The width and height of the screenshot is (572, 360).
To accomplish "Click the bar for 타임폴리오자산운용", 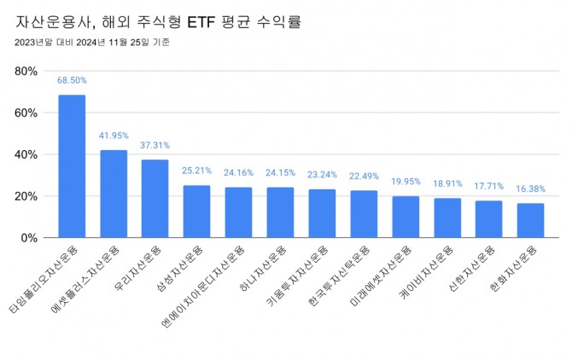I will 72,166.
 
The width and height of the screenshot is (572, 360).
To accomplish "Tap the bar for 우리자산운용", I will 155,199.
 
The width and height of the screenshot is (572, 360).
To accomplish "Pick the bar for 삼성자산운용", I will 196,212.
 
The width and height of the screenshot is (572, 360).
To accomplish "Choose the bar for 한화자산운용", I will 530,221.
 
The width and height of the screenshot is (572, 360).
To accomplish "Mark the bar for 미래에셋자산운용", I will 406,217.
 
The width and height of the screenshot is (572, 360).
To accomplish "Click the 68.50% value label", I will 72,80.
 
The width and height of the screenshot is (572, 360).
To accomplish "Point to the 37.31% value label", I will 155,145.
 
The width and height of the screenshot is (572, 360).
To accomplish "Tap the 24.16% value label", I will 238,172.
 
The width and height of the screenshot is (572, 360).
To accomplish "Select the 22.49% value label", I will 364,176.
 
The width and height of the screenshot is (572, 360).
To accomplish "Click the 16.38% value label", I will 530,189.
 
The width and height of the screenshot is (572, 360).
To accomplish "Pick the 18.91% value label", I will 447,183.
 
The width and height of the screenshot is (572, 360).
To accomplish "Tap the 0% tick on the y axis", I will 30,238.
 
